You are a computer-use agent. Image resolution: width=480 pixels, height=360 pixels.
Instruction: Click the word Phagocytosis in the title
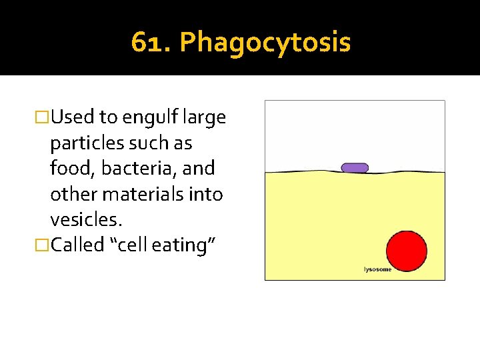coord(265,43)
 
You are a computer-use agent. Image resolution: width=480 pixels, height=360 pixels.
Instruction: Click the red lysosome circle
coord(407,250)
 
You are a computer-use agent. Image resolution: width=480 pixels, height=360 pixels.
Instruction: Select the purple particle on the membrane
coord(355,167)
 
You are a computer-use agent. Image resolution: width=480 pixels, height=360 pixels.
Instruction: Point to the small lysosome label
coord(377,269)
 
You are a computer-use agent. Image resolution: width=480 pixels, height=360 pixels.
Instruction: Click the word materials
coord(144,194)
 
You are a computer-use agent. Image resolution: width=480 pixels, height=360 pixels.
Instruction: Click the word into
coord(206,194)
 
